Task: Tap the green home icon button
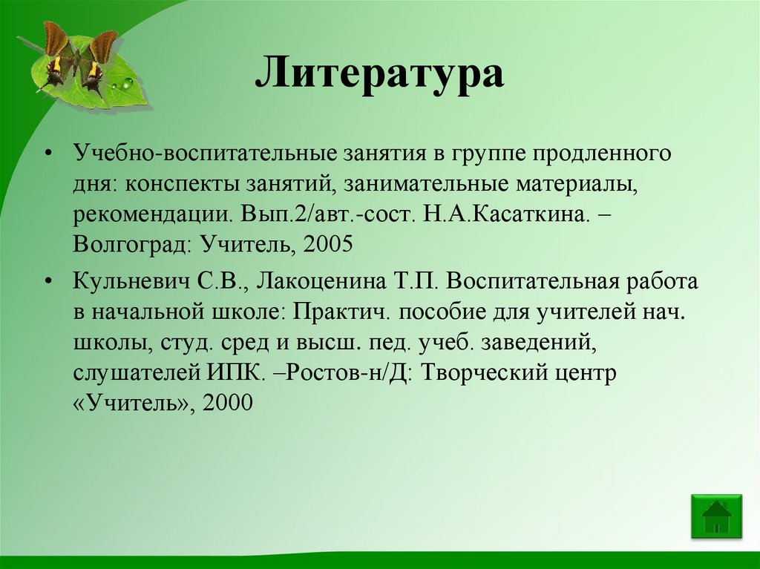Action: coord(715,516)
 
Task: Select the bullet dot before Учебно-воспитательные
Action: coord(48,154)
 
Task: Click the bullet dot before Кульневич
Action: coord(48,282)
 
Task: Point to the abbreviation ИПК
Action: coord(235,372)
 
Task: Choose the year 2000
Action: coord(232,403)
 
